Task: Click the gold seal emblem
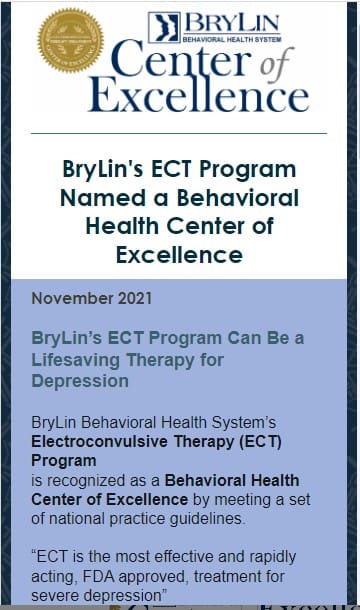pyautogui.click(x=70, y=41)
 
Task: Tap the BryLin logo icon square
pyautogui.click(x=164, y=28)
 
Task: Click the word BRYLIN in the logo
pyautogui.click(x=234, y=23)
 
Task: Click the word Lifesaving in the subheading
pyautogui.click(x=83, y=360)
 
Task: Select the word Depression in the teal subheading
pyautogui.click(x=80, y=382)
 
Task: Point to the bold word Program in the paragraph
pyautogui.click(x=64, y=461)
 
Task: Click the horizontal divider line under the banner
pyautogui.click(x=179, y=133)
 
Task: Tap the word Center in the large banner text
pyautogui.click(x=177, y=61)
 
